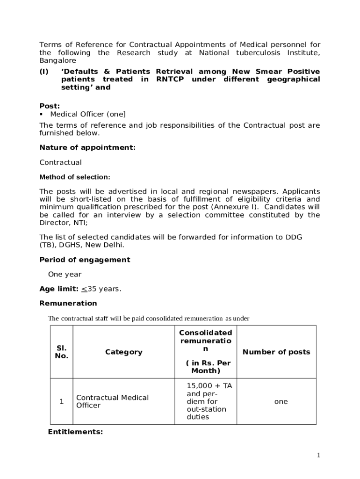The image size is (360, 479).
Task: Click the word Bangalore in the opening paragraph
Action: pyautogui.click(x=58, y=61)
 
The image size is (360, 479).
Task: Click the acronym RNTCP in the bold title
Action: pyautogui.click(x=171, y=80)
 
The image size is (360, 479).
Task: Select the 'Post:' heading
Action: pyautogui.click(x=50, y=106)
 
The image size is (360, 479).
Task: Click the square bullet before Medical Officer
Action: pyautogui.click(x=42, y=114)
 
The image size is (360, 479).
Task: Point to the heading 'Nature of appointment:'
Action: pyautogui.click(x=87, y=148)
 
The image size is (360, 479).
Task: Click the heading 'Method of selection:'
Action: pyautogui.click(x=75, y=177)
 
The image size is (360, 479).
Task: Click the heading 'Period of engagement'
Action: pyautogui.click(x=85, y=260)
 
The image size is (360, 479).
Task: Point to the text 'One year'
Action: pyautogui.click(x=65, y=275)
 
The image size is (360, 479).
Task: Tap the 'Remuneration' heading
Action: pyautogui.click(x=68, y=304)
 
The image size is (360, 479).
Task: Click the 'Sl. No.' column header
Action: pyautogui.click(x=62, y=352)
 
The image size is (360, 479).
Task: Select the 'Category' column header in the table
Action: pyautogui.click(x=123, y=352)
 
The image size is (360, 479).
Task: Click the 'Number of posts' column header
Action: pyautogui.click(x=276, y=352)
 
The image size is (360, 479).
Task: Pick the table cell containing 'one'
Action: pyautogui.click(x=281, y=402)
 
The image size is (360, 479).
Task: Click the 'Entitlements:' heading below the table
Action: pyautogui.click(x=75, y=432)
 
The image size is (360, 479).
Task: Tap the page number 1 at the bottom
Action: pyautogui.click(x=318, y=455)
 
